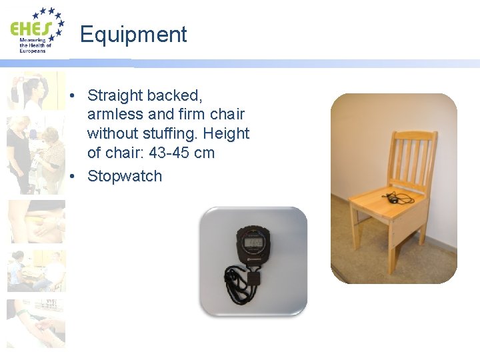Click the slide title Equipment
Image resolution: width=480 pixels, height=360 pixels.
pos(133,34)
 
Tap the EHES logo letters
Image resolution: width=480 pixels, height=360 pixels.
pos(31,29)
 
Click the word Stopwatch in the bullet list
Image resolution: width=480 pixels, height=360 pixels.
pos(125,176)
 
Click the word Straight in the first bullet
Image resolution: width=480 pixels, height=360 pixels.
pos(114,95)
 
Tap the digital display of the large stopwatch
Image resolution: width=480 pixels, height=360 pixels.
pos(253,240)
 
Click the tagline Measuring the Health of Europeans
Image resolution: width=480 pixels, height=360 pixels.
pos(33,45)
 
